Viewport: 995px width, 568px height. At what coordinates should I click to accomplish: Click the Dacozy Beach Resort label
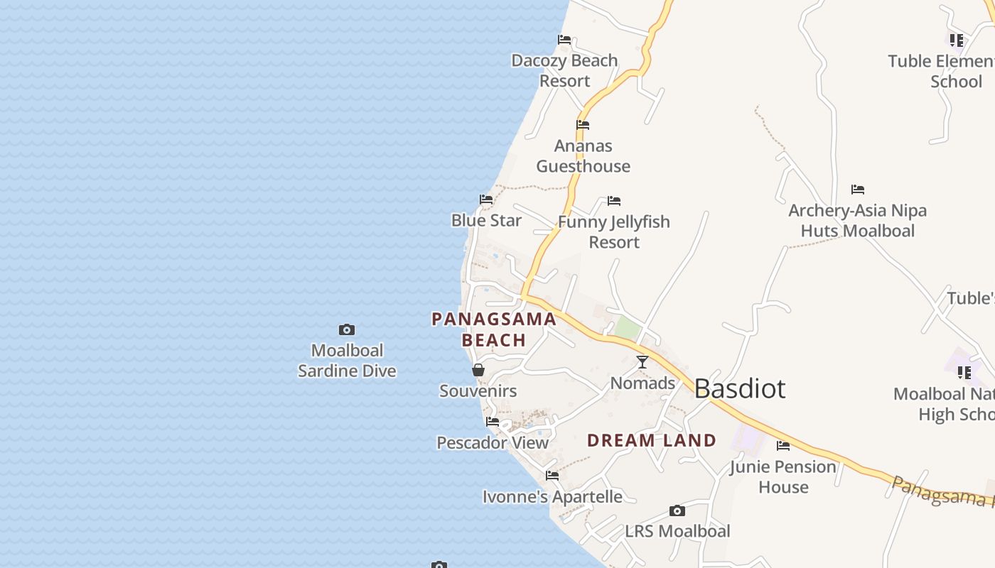click(564, 70)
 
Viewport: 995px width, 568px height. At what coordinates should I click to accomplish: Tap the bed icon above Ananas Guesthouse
click(583, 125)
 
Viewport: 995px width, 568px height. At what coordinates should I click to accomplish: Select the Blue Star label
click(487, 221)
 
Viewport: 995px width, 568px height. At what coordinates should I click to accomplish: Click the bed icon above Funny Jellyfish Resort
click(614, 202)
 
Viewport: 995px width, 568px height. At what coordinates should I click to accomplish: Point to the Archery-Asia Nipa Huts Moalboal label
click(857, 221)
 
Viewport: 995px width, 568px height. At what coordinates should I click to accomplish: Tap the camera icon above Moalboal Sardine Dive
click(347, 329)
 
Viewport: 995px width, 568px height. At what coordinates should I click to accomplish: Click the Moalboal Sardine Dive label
click(347, 361)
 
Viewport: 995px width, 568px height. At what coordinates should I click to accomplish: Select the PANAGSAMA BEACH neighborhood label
click(494, 329)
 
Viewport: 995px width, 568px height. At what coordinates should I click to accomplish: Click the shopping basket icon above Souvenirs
click(478, 370)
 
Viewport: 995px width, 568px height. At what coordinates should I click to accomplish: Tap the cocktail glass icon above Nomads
click(642, 362)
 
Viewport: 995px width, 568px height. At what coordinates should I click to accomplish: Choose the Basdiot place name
click(740, 389)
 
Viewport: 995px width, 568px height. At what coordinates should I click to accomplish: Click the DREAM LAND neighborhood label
click(652, 440)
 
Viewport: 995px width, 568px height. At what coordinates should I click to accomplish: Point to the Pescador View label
click(493, 443)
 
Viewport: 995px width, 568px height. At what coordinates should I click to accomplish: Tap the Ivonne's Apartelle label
click(552, 497)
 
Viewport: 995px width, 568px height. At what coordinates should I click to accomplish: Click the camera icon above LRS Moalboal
click(677, 511)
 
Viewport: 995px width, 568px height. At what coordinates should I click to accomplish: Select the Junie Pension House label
click(783, 476)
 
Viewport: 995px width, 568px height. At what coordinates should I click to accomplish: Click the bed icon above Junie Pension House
click(783, 446)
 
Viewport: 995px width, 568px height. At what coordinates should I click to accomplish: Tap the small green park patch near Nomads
click(626, 328)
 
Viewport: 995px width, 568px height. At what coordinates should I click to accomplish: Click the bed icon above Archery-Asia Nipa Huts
click(858, 190)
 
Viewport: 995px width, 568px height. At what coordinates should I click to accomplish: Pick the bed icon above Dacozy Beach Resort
click(564, 40)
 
